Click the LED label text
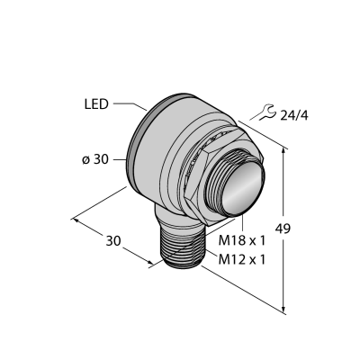[96, 104]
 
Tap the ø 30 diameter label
[94, 160]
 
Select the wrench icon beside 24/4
[266, 112]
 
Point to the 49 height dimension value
[283, 229]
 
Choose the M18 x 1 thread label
[242, 240]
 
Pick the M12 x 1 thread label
[242, 260]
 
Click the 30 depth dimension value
[113, 241]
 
